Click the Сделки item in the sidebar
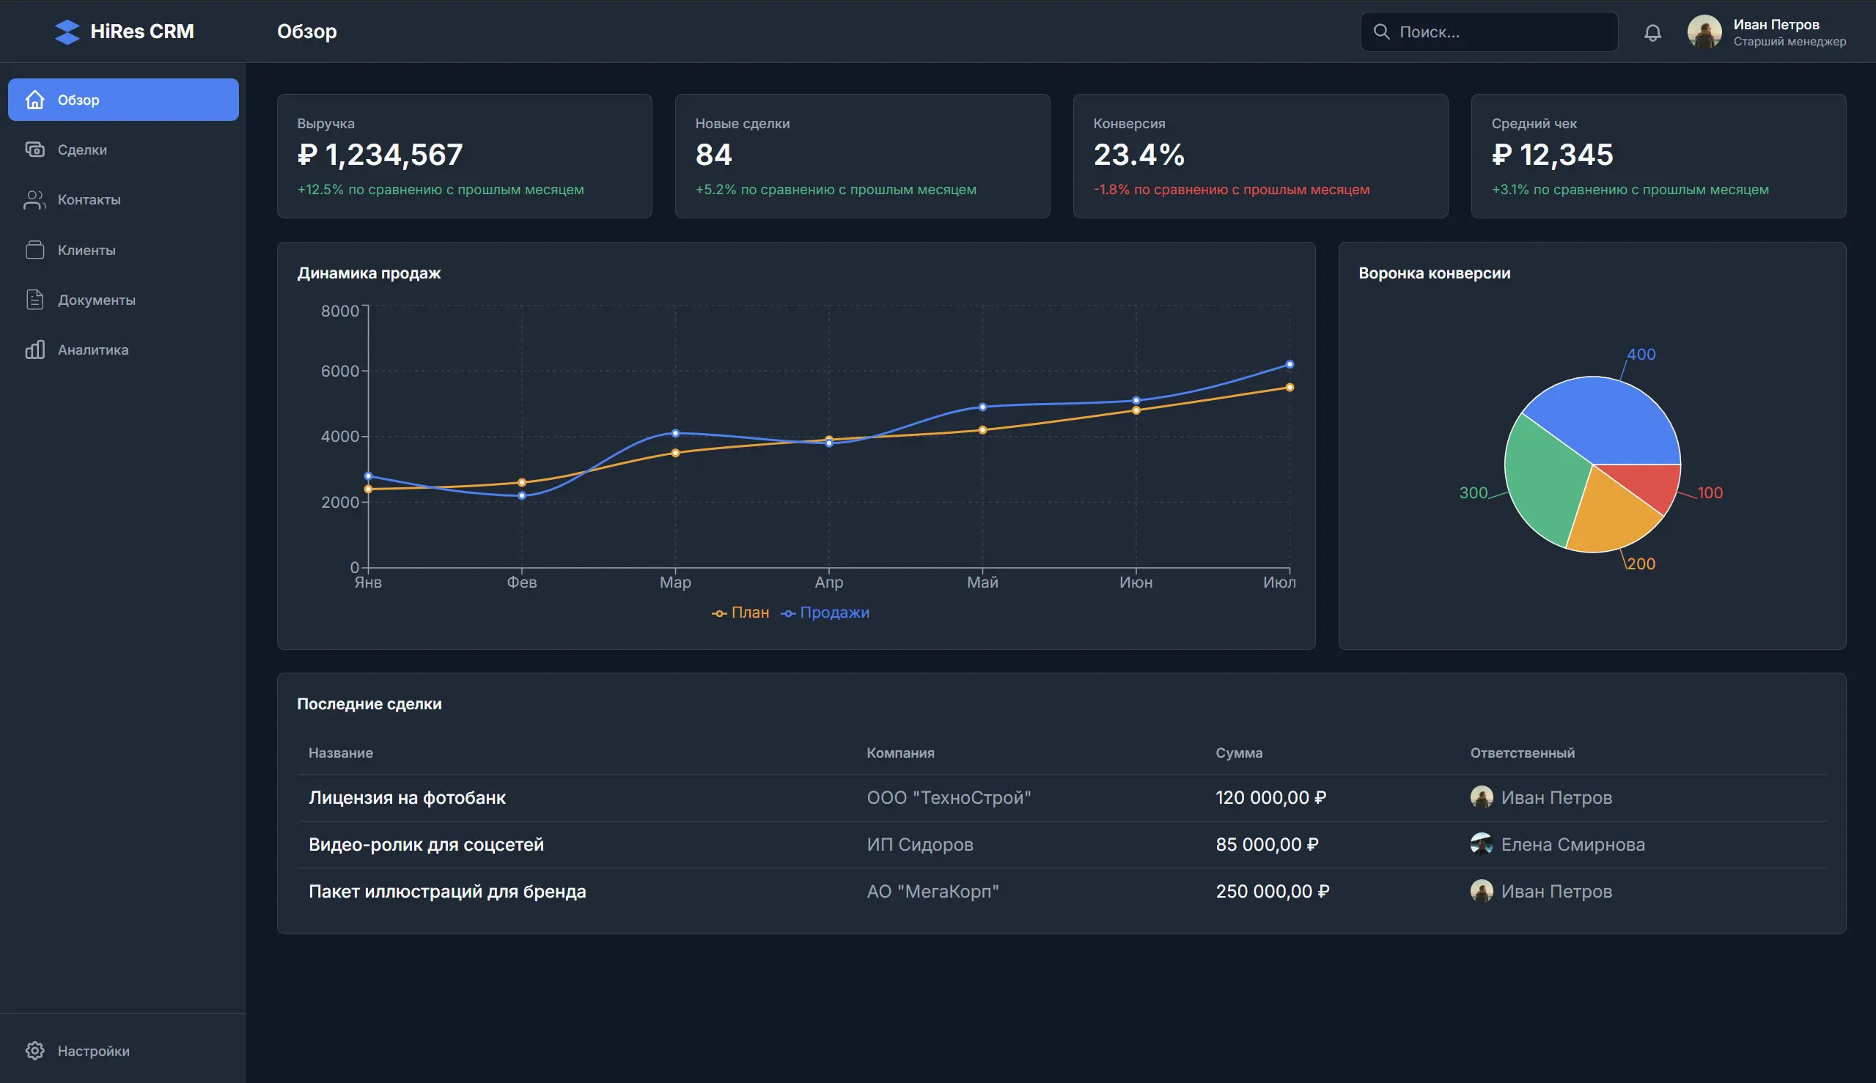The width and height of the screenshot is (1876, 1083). click(x=82, y=149)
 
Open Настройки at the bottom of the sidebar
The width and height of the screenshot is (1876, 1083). click(x=93, y=1050)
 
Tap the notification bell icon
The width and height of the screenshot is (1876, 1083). click(x=1652, y=32)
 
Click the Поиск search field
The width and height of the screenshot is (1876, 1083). click(x=1496, y=32)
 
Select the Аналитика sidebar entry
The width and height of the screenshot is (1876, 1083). click(x=92, y=350)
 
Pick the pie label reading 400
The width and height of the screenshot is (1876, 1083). click(x=1641, y=354)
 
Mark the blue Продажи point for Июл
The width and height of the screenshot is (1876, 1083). click(x=1290, y=364)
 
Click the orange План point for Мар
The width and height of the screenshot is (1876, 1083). click(x=676, y=453)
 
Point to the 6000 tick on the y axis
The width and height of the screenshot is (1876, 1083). click(x=339, y=371)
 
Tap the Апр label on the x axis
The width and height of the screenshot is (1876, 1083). click(x=829, y=583)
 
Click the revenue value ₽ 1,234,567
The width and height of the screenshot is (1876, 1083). click(x=380, y=155)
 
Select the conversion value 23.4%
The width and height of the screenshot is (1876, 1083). click(x=1139, y=155)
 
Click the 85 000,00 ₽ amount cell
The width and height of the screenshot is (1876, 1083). click(x=1267, y=844)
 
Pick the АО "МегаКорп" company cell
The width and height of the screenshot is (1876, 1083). click(x=933, y=891)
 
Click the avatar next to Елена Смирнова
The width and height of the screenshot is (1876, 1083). click(x=1481, y=843)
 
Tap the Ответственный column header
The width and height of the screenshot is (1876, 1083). click(x=1522, y=753)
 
